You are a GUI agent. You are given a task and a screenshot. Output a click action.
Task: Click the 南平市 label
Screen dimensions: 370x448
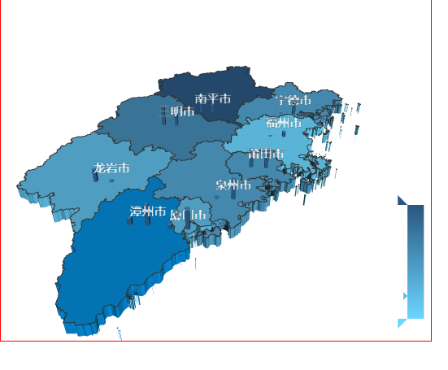tap(213, 98)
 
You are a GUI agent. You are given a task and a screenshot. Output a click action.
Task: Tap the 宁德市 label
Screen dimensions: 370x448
tap(293, 101)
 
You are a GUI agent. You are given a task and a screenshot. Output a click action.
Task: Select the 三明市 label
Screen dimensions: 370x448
tap(176, 111)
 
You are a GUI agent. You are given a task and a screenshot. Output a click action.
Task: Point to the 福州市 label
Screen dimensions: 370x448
tap(284, 123)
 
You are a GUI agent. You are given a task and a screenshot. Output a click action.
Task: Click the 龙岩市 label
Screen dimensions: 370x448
tap(111, 168)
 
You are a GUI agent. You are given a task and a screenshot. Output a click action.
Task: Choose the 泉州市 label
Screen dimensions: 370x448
tap(233, 185)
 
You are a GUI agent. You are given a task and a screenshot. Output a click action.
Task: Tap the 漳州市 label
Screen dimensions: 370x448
tap(147, 211)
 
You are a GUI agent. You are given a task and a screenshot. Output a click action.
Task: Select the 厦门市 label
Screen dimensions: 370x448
tap(190, 215)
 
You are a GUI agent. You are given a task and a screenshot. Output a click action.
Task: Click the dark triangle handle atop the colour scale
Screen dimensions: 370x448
tap(401, 200)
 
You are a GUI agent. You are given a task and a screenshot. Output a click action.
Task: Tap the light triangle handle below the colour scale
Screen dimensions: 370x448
tap(401, 323)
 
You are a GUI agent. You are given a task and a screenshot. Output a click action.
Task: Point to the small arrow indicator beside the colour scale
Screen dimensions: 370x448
tap(405, 296)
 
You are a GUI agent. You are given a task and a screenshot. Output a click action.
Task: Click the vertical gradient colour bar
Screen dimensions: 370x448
tap(415, 260)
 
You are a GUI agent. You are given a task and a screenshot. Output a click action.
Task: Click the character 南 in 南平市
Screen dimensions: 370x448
tap(201, 98)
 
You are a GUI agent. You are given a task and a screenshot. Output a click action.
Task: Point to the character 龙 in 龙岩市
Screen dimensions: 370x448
tap(98, 168)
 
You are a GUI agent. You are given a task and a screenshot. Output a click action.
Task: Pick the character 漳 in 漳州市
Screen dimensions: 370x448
tap(135, 211)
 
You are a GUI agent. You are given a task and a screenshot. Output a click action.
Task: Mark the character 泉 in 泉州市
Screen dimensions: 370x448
tap(221, 185)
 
